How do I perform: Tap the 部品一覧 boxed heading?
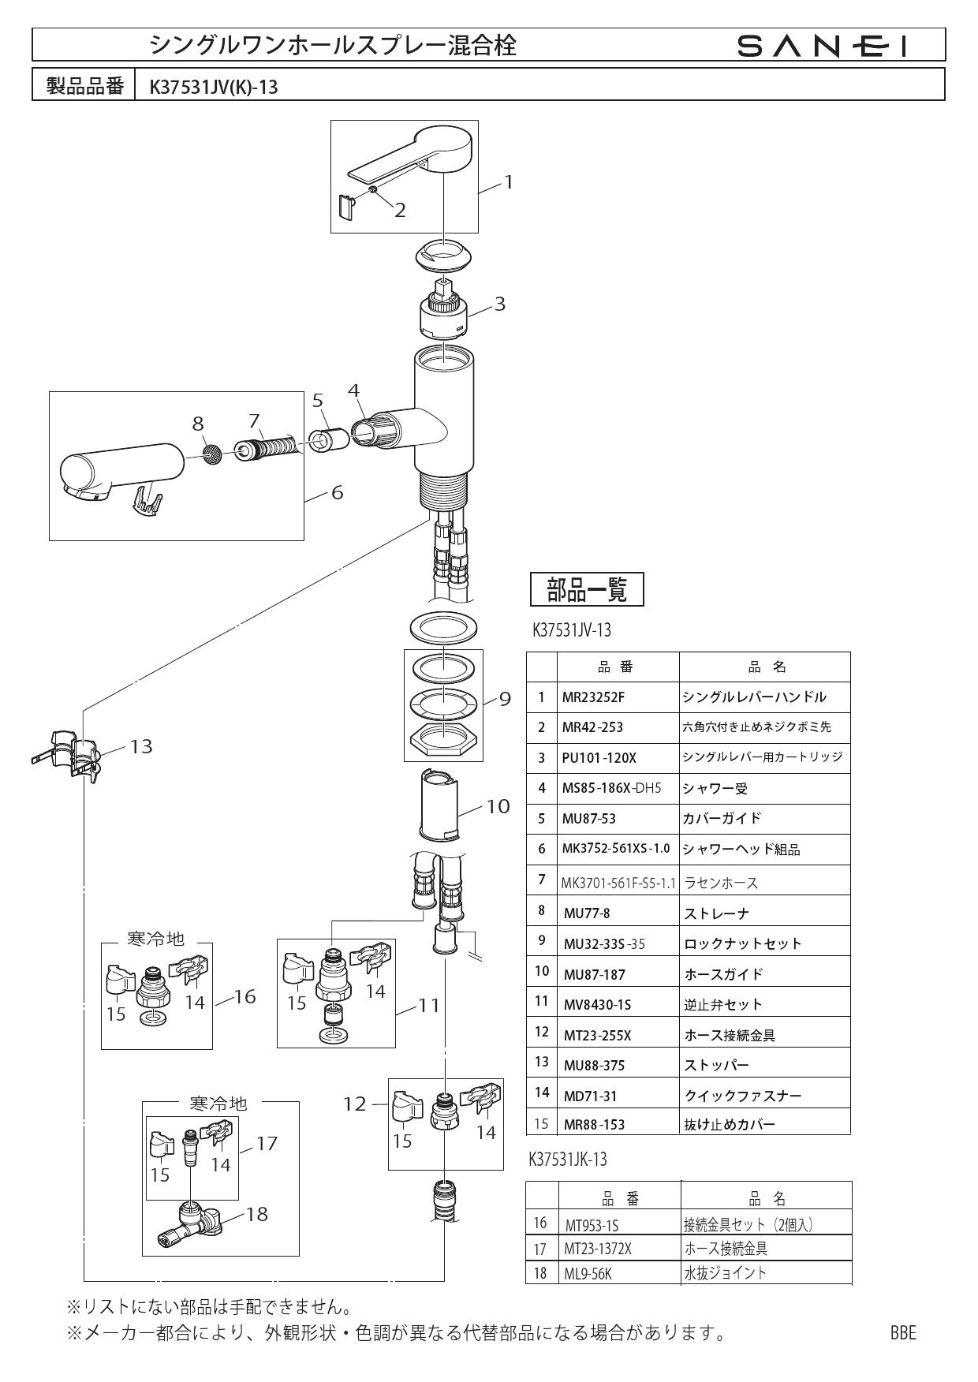tap(587, 589)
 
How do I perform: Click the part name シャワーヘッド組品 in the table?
tap(741, 850)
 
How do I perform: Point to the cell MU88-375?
tap(594, 1066)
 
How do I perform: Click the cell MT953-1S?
tap(592, 1225)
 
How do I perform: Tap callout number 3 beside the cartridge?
tap(499, 304)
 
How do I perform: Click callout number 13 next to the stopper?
tap(141, 745)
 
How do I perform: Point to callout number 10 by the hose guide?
tap(498, 806)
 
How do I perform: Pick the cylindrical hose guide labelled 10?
tap(439, 805)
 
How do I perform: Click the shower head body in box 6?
tap(118, 469)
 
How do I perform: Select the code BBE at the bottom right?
tap(902, 1333)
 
